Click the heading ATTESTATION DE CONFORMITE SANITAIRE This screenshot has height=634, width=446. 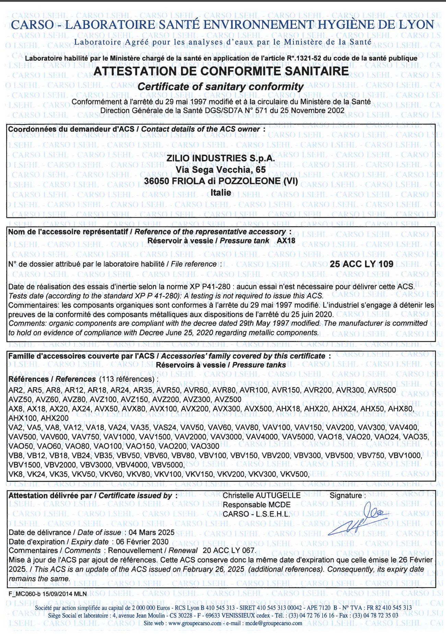click(221, 71)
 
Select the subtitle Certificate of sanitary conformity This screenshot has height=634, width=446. click(220, 87)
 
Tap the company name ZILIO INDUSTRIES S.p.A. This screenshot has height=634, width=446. click(220, 158)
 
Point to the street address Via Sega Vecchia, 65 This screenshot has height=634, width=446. click(220, 170)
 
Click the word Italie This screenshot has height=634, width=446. click(220, 193)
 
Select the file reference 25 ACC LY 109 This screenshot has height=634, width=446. click(361, 264)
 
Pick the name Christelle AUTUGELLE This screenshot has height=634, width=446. click(262, 496)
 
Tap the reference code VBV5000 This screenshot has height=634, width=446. click(168, 465)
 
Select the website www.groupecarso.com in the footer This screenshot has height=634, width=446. click(195, 623)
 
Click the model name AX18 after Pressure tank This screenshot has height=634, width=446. click(286, 241)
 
